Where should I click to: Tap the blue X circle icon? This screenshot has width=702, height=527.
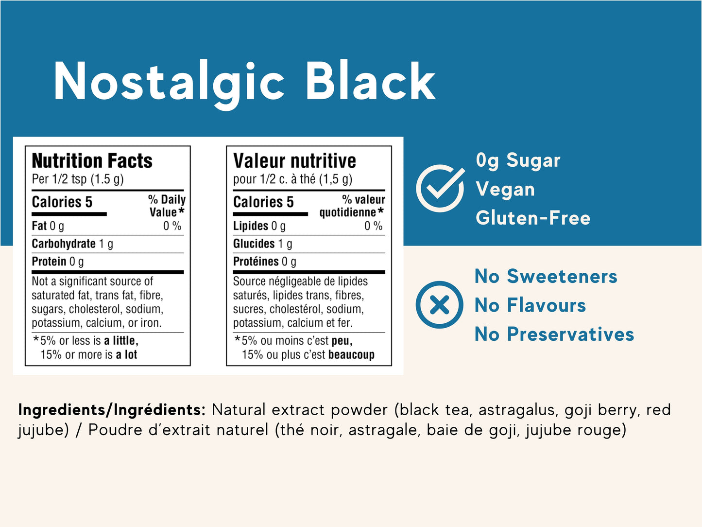pos(440,305)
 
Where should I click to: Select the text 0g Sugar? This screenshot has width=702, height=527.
pos(518,160)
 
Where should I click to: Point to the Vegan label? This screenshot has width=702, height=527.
pos(505,190)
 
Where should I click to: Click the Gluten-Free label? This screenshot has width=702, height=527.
pos(533,218)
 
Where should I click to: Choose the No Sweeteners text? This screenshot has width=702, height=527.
pos(546,276)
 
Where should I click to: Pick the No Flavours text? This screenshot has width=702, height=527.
pos(530,305)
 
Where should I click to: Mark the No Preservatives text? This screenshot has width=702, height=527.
pos(554,334)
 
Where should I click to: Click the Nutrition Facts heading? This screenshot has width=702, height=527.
pos(92,160)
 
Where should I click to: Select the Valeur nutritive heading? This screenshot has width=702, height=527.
pos(294,160)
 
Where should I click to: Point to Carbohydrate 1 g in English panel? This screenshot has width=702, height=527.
pos(72,244)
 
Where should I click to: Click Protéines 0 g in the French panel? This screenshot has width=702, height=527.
pos(264,262)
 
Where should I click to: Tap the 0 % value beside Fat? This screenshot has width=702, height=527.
pos(172,226)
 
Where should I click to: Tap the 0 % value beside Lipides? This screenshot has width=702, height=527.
pos(374,226)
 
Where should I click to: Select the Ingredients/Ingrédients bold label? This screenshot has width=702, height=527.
pos(112,410)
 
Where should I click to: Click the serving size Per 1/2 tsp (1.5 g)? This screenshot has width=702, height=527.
pos(78,179)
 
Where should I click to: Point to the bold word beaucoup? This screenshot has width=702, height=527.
pos(351,354)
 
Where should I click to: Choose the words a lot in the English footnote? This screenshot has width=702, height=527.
pos(126,354)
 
